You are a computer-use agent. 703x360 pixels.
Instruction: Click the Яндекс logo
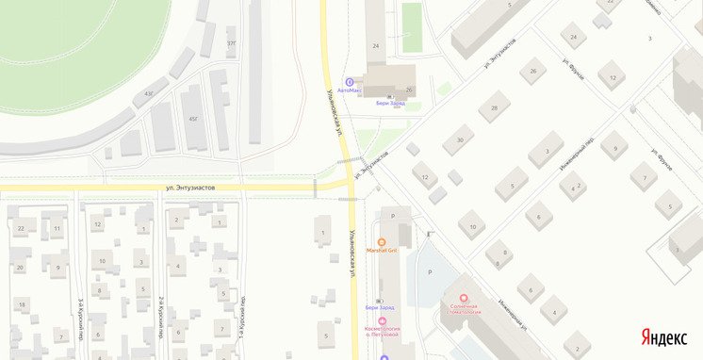click(x=664, y=336)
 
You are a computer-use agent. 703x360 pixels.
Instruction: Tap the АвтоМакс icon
click(x=351, y=81)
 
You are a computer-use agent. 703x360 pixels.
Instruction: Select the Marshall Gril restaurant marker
click(x=382, y=242)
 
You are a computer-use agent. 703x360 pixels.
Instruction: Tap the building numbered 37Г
click(x=232, y=43)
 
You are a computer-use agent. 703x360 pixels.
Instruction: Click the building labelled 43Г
click(x=149, y=93)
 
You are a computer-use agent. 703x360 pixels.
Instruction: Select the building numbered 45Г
click(x=193, y=119)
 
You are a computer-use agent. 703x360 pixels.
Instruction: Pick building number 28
click(x=493, y=107)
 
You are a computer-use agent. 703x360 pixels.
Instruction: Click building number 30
click(x=459, y=139)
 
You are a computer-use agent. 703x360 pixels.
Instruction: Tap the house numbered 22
click(x=21, y=228)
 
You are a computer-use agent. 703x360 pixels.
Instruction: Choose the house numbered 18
click(x=21, y=304)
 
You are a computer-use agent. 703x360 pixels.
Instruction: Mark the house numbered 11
click(x=57, y=228)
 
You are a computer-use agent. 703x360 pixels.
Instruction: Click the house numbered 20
click(x=20, y=268)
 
